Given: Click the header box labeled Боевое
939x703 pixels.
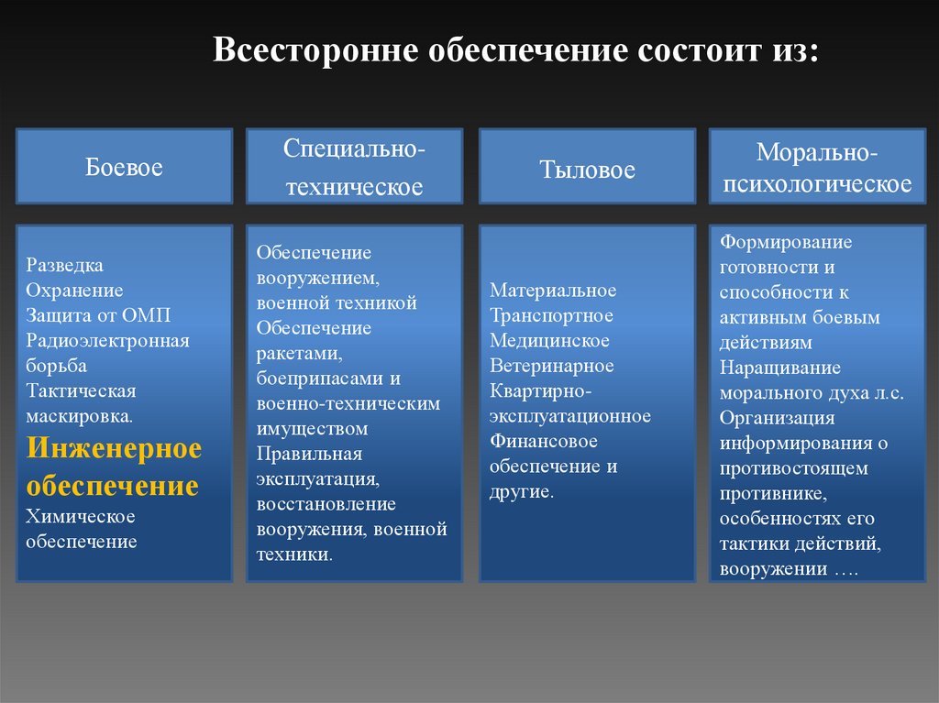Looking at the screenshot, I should coord(125,166).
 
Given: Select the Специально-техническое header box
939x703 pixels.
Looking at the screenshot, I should coord(354,166).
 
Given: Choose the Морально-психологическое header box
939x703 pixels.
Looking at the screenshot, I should coord(817,166).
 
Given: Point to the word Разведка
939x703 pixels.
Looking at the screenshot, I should coord(65,265).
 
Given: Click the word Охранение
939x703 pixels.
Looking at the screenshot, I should coord(74,291).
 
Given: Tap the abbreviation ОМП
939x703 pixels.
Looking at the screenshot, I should coord(147,315).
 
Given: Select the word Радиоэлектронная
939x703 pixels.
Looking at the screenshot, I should coord(108,341).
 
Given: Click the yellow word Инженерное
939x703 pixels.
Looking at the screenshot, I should coord(114,449).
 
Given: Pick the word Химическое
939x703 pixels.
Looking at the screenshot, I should coord(81,516).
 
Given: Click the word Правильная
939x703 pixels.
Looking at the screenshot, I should coord(309,454).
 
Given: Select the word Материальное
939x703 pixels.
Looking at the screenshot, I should coord(553,291).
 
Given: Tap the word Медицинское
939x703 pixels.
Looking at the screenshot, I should coord(550,341).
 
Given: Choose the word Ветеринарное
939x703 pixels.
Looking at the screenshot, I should coord(552,366).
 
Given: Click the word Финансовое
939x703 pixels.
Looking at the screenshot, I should coord(544,441).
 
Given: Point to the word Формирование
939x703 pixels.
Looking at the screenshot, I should coord(786,242).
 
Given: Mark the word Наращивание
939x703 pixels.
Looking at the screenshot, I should coord(780,368).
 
